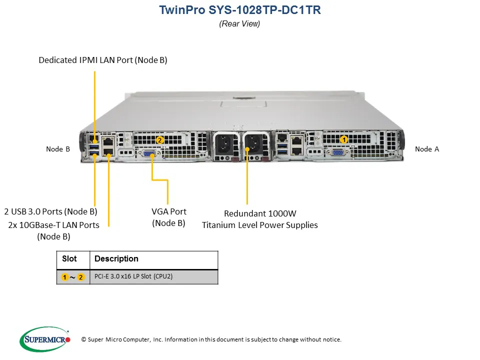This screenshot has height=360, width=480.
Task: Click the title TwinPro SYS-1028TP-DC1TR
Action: pyautogui.click(x=239, y=10)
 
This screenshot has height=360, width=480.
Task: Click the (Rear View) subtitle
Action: pyautogui.click(x=239, y=23)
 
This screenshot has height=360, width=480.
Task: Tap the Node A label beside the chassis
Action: pyautogui.click(x=426, y=149)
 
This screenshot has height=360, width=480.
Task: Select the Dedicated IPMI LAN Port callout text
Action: pyautogui.click(x=103, y=60)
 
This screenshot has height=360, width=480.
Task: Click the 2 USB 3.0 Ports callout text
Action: pyautogui.click(x=50, y=211)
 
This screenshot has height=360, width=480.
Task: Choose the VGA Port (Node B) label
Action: pyautogui.click(x=169, y=217)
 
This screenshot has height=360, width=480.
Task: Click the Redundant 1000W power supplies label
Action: pyautogui.click(x=259, y=219)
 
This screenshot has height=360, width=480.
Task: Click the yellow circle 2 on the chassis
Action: pyautogui.click(x=159, y=140)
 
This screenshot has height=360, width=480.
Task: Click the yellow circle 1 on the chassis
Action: pyautogui.click(x=344, y=139)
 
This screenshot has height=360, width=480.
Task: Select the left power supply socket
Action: pyautogui.click(x=223, y=144)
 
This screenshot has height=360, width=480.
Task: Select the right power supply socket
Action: pyautogui.click(x=254, y=144)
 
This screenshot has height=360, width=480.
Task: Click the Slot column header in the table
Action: pyautogui.click(x=69, y=259)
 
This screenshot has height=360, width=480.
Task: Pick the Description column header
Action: pyautogui.click(x=116, y=259)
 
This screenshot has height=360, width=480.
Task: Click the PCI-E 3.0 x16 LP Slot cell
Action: pyautogui.click(x=133, y=276)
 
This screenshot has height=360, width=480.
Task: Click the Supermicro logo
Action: pyautogui.click(x=44, y=339)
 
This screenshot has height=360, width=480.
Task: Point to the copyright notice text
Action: pyautogui.click(x=211, y=339)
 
